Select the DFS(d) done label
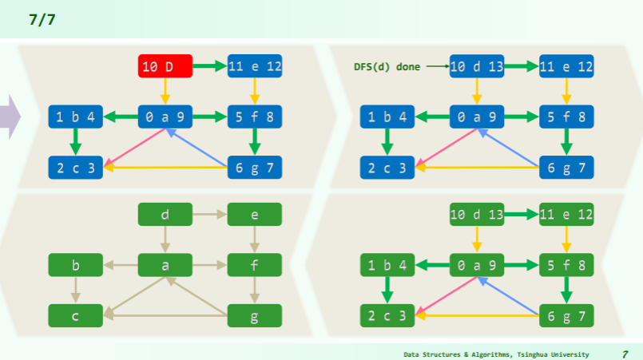point(387,66)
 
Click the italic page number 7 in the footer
point(625,353)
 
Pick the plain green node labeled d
point(165,215)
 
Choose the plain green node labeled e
point(255,215)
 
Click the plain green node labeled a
point(165,265)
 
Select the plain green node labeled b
point(76,265)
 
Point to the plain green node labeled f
point(255,265)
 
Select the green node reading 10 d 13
point(477,215)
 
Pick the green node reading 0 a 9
point(477,265)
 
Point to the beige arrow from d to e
point(210,215)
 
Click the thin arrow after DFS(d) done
point(436,66)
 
